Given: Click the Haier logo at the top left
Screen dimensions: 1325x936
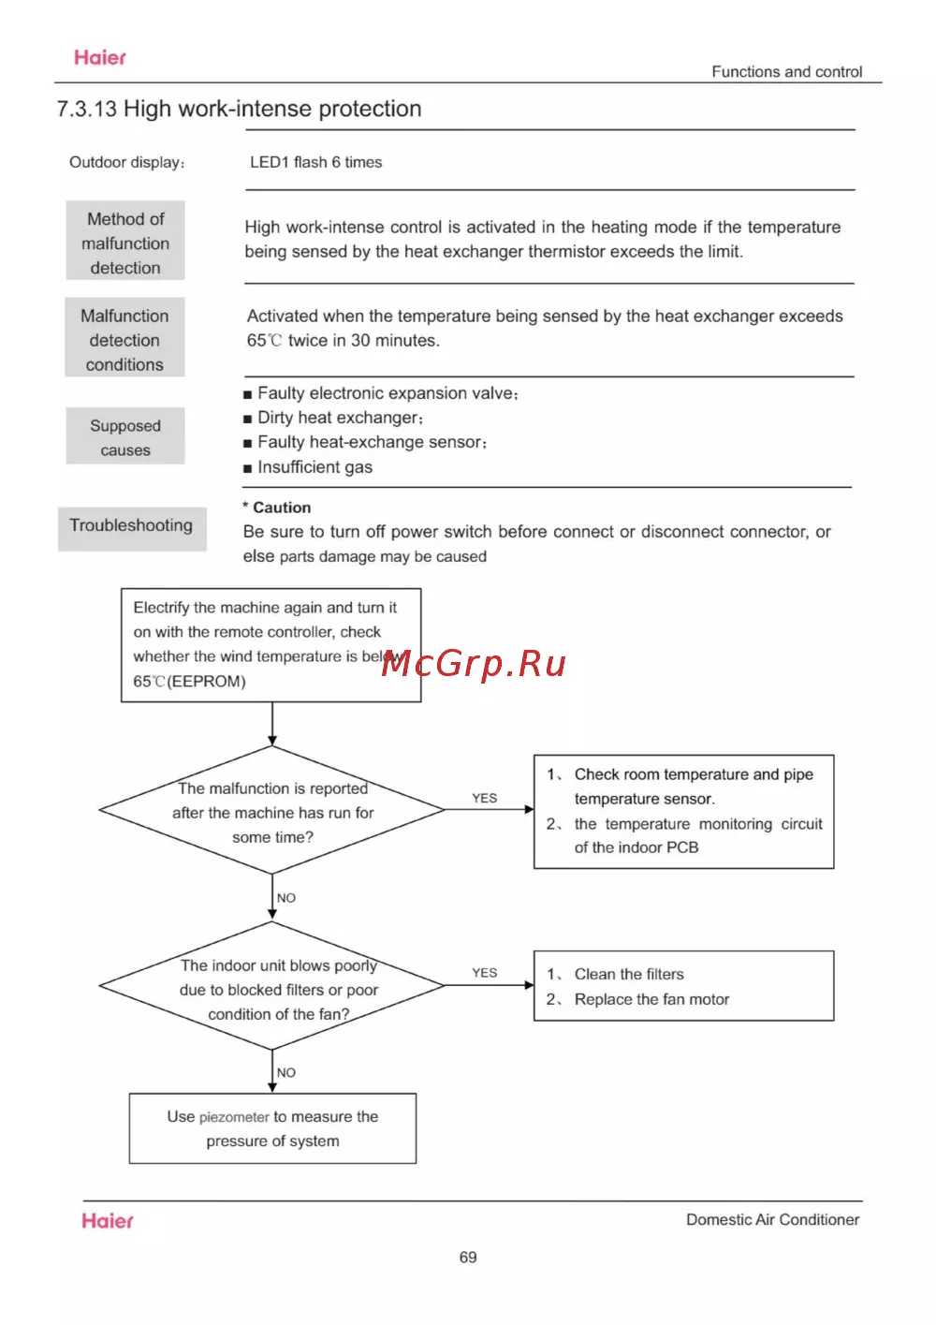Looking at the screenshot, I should tap(100, 58).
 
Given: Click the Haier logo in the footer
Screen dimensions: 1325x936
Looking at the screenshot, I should tap(108, 1221).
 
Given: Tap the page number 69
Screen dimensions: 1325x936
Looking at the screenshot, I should tap(468, 1258).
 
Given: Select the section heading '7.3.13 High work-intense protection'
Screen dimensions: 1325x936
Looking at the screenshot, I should tap(239, 110).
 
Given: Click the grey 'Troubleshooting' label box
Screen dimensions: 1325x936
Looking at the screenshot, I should tap(131, 526).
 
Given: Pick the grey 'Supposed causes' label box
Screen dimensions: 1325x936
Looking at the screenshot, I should tap(125, 437).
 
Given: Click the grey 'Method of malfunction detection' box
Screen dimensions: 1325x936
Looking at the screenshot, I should tap(125, 243).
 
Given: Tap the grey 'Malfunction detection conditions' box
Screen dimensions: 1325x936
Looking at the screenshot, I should tap(124, 340).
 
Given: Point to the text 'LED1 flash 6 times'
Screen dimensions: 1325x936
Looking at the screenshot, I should tap(315, 163).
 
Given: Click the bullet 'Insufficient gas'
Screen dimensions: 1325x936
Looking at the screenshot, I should tap(314, 467).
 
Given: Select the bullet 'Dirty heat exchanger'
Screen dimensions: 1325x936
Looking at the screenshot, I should tap(339, 418).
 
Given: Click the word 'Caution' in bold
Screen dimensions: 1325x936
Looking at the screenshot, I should tap(282, 508).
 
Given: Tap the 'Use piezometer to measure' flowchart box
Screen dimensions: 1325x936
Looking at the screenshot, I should tap(272, 1128).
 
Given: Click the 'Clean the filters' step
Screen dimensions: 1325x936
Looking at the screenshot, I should tap(629, 975).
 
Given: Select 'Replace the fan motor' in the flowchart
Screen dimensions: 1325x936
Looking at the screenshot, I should tap(651, 1000).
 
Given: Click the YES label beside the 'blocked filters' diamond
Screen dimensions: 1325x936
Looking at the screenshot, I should tap(485, 973).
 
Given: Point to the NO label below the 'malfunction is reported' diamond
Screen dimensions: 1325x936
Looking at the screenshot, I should tap(286, 898).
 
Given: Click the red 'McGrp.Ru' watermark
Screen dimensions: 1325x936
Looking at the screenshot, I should tap(475, 663).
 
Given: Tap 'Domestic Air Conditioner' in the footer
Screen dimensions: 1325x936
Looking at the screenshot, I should tap(772, 1220).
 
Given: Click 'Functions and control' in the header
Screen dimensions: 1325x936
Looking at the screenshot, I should tap(786, 72).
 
